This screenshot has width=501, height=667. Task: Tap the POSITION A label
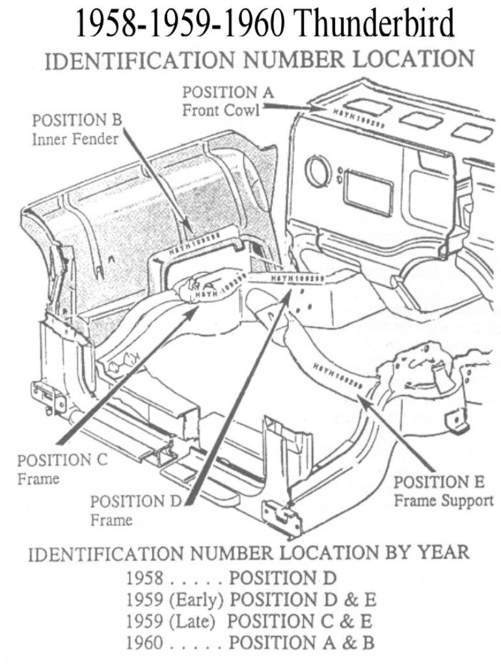click(x=228, y=92)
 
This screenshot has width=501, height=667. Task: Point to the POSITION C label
click(x=62, y=460)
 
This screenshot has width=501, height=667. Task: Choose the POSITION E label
click(x=439, y=483)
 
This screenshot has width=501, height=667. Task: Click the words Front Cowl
click(x=220, y=110)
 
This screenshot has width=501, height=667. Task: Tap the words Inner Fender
click(x=75, y=139)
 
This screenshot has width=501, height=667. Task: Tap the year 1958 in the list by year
click(x=145, y=578)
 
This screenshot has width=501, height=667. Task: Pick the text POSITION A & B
click(x=302, y=643)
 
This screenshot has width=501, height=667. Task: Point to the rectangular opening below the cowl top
click(x=368, y=193)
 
